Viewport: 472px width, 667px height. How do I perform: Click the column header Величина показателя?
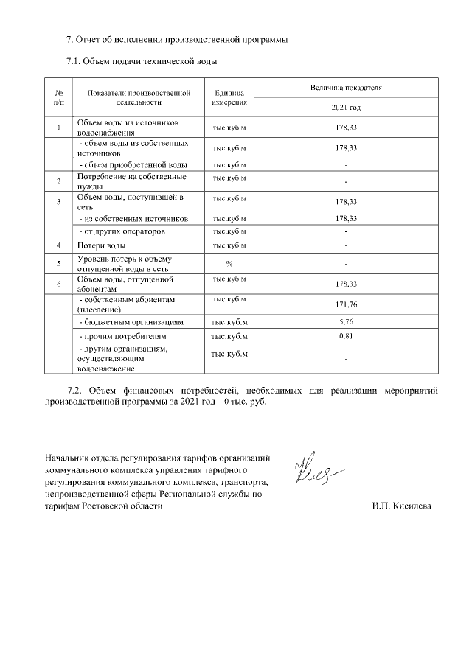[346, 88]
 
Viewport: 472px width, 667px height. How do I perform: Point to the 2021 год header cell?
[346, 108]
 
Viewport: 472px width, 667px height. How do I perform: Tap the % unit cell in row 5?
[229, 263]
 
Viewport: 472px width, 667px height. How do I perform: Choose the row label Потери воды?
[102, 245]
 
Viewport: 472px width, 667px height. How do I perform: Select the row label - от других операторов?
[122, 231]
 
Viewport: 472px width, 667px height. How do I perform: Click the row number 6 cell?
[58, 284]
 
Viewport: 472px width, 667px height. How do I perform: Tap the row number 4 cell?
[58, 245]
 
